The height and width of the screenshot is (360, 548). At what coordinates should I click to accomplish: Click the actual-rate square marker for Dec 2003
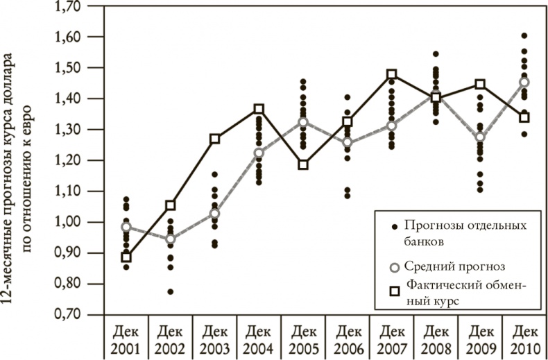click(x=214, y=139)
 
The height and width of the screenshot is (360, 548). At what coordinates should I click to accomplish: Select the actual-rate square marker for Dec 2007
click(x=392, y=75)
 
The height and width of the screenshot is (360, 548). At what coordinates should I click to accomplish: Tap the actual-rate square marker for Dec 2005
click(x=303, y=165)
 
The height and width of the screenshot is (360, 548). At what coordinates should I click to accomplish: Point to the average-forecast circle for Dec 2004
click(x=259, y=153)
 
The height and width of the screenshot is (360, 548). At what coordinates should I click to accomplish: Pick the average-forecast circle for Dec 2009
click(x=480, y=137)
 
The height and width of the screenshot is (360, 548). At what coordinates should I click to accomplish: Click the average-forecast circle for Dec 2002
click(x=170, y=239)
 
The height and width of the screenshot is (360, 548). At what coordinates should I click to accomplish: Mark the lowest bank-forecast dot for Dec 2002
click(x=170, y=292)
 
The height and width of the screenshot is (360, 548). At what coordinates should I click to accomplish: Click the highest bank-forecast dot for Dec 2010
click(x=524, y=35)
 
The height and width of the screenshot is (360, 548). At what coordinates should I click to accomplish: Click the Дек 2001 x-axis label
click(x=126, y=337)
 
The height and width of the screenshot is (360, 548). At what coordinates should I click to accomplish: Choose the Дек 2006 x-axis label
click(x=348, y=337)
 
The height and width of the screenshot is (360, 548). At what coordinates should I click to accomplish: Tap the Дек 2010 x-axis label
click(x=525, y=337)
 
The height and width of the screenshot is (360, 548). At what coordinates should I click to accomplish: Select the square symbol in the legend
click(x=393, y=291)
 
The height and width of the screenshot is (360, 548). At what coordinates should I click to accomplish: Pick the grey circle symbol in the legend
click(x=393, y=265)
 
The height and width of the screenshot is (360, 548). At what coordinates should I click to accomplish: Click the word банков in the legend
click(x=425, y=241)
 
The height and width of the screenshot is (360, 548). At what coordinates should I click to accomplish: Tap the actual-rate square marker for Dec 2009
click(x=480, y=85)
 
